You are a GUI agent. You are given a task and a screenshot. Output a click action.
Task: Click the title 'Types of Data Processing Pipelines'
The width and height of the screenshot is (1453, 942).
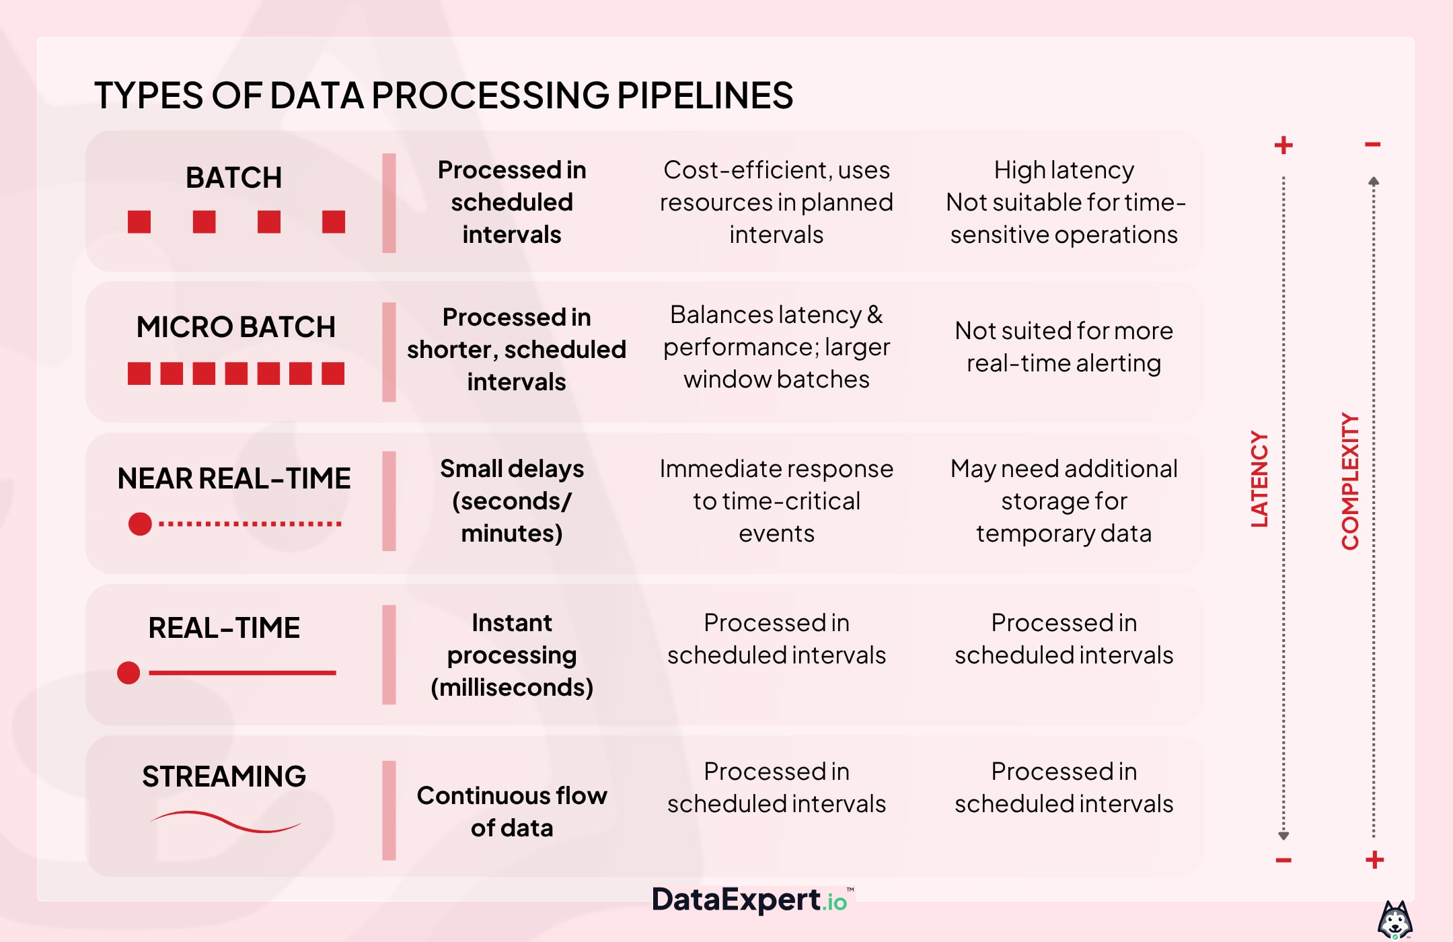tap(443, 95)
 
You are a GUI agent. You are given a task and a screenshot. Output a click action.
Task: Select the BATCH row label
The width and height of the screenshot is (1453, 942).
tap(233, 178)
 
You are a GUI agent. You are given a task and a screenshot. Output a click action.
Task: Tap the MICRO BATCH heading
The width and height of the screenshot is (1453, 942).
tap(235, 327)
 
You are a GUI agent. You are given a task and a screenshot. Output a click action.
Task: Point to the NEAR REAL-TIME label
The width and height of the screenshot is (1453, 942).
tap(234, 478)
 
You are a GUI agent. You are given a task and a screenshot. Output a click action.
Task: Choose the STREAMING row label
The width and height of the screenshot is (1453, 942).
tap(224, 776)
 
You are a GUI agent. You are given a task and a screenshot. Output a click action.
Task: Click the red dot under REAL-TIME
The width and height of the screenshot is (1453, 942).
tap(128, 672)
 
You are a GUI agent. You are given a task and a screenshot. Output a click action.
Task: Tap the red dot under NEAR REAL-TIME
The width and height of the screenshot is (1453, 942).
tap(140, 523)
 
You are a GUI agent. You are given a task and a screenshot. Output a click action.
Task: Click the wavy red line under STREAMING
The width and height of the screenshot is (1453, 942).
tap(225, 822)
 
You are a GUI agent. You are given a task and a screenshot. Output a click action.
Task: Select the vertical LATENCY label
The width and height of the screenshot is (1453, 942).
tap(1259, 479)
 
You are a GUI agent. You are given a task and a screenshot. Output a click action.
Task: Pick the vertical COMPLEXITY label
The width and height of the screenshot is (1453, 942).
tap(1350, 482)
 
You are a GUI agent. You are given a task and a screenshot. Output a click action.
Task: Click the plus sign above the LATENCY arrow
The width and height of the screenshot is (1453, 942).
tap(1283, 145)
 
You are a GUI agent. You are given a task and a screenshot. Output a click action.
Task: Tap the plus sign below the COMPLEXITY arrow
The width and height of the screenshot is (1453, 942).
tap(1374, 859)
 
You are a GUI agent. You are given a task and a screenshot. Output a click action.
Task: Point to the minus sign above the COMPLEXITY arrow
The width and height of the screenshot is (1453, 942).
tap(1373, 145)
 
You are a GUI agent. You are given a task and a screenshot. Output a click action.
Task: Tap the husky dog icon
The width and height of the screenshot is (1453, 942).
tap(1395, 920)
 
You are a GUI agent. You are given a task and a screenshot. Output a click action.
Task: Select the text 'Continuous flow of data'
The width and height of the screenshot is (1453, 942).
tap(512, 811)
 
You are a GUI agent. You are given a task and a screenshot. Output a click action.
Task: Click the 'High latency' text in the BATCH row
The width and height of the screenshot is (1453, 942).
tap(1064, 170)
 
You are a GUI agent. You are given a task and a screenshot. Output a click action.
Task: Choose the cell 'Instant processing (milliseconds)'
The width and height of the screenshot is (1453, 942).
tap(512, 655)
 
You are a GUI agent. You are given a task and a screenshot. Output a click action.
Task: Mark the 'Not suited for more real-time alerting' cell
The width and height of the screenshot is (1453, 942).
tap(1064, 347)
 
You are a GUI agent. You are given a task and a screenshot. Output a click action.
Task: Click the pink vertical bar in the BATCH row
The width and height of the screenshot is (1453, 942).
tap(389, 203)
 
